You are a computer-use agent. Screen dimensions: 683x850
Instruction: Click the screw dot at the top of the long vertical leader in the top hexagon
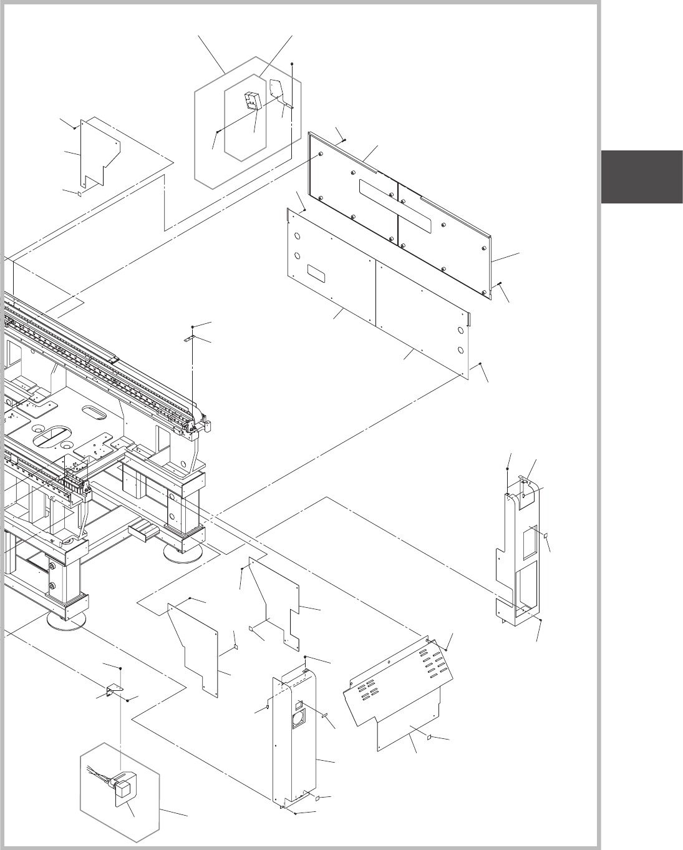(291, 64)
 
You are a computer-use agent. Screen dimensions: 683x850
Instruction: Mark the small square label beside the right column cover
(545, 535)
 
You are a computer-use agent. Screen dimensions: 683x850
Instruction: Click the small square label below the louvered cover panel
(429, 737)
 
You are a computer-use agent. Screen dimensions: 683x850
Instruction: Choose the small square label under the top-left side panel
(80, 194)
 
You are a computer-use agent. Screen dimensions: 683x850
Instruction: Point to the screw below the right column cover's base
(540, 620)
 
